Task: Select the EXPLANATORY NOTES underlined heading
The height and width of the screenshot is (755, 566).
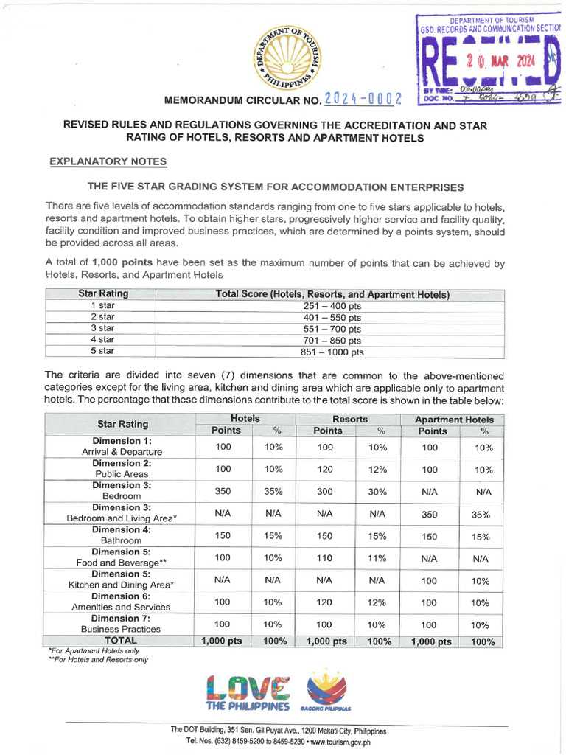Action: [108, 161]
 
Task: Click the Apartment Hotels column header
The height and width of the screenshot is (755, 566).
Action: [454, 419]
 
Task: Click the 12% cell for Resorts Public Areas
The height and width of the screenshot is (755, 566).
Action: [377, 469]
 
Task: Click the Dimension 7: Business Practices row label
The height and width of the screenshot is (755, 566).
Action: [122, 624]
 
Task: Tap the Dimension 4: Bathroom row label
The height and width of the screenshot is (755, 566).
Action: [122, 535]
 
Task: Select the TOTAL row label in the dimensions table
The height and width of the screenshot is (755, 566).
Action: [121, 641]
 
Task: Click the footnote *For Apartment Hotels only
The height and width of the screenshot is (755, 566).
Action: [93, 652]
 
